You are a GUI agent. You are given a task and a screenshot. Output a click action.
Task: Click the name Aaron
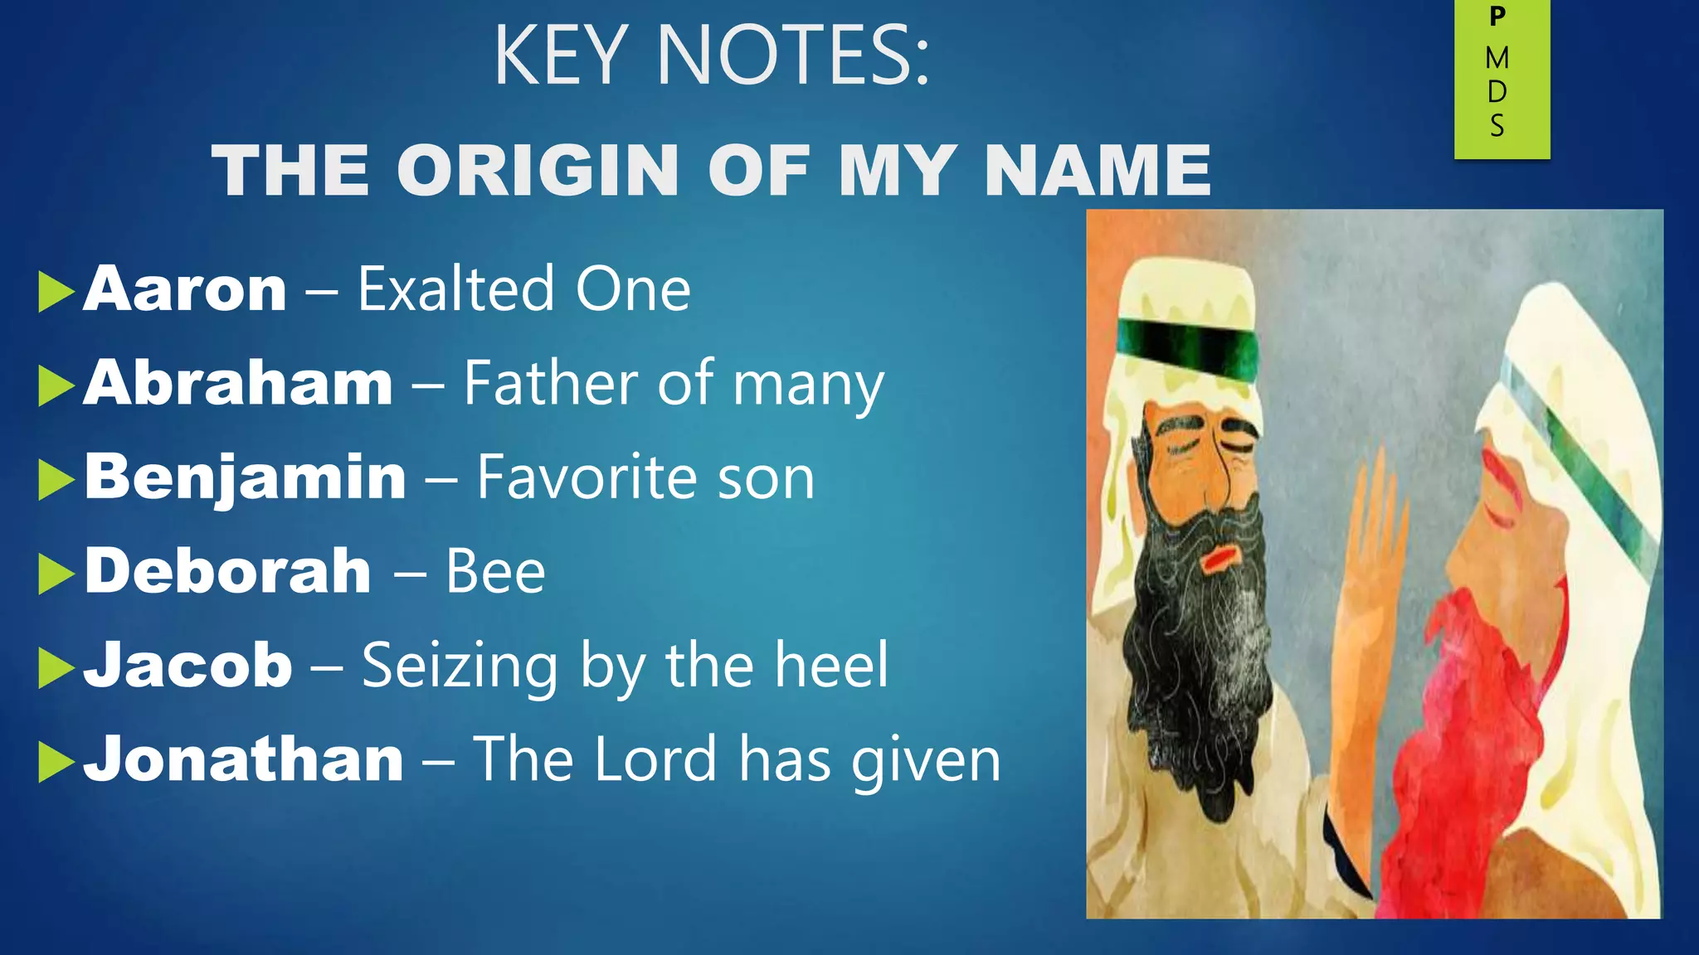(x=184, y=289)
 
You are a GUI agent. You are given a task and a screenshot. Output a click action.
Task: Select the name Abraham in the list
(x=237, y=383)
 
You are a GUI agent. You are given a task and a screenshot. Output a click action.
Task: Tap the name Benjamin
(x=245, y=477)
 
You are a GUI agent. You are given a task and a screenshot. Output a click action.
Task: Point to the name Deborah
(x=227, y=571)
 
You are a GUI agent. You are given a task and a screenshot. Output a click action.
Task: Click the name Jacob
(x=187, y=665)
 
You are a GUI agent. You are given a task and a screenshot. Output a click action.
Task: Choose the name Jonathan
(x=243, y=759)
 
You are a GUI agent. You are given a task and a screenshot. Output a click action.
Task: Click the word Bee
(x=495, y=571)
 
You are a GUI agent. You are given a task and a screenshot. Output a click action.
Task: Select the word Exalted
(x=455, y=289)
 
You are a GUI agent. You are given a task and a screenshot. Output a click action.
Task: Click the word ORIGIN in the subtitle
(x=538, y=171)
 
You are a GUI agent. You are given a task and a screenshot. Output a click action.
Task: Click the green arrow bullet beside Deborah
(x=56, y=574)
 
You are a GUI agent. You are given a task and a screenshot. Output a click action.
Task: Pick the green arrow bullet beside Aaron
(x=56, y=292)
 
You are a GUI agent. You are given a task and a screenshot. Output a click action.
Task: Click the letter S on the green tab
(x=1497, y=126)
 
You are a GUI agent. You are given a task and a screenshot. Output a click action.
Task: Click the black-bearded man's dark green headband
(x=1186, y=348)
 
